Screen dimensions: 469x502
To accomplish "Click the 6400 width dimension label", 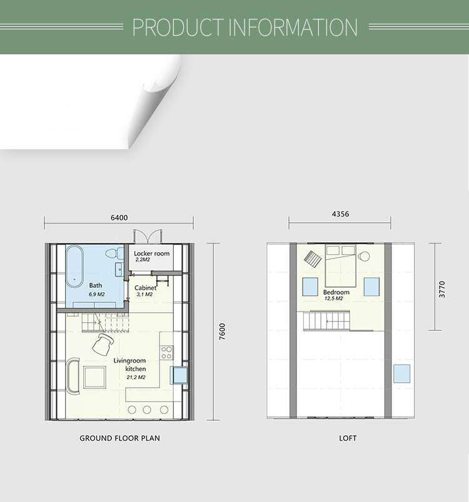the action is [x=119, y=218].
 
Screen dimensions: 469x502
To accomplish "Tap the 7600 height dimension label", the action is [x=222, y=332].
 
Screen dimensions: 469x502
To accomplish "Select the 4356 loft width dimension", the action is [x=340, y=214].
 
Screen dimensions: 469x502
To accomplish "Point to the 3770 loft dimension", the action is [x=442, y=289].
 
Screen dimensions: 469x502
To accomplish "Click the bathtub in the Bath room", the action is [x=74, y=267].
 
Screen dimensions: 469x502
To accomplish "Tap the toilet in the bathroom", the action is [x=112, y=253].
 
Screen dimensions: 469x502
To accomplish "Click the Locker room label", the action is [x=151, y=253].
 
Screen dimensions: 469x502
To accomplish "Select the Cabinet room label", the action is [x=145, y=288].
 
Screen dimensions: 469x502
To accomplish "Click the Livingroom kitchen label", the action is [x=130, y=365].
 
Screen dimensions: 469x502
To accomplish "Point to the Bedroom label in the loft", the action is [x=336, y=292].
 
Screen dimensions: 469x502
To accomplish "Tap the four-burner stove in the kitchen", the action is [x=167, y=353].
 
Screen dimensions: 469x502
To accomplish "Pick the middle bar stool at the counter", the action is [x=147, y=410].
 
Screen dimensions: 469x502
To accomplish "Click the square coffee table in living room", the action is [x=94, y=378].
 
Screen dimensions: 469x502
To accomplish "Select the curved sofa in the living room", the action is [x=73, y=376].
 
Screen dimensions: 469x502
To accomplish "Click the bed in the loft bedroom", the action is [x=340, y=266].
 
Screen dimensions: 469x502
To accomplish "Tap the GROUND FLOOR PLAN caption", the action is [x=119, y=438].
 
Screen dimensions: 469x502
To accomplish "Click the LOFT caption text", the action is [x=348, y=438].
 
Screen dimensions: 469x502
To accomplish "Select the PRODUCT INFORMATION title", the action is [x=245, y=27].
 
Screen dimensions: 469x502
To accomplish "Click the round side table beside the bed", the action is [x=364, y=256].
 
